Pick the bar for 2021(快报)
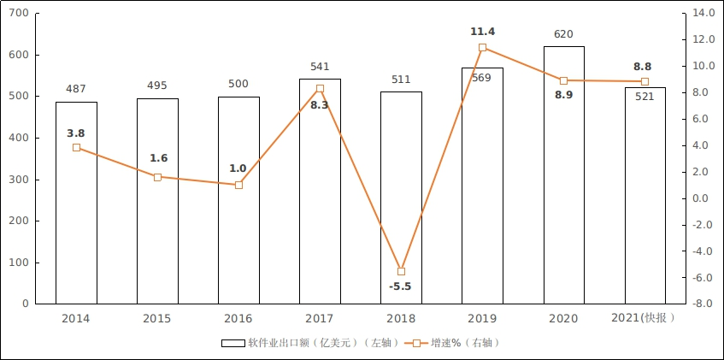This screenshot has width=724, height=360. [645, 205]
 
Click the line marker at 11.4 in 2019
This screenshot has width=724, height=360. [482, 48]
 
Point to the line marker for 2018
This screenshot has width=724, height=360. [401, 271]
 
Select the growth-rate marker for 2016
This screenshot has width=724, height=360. [238, 185]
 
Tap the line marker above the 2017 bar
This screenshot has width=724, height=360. [320, 89]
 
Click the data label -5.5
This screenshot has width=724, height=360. [400, 286]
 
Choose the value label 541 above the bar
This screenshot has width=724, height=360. [320, 67]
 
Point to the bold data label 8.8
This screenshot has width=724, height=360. [644, 65]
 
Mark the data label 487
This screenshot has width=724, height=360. [76, 89]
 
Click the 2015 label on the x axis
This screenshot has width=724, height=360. [157, 318]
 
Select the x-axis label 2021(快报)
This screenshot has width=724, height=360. [645, 318]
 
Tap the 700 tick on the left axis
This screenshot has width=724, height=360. [18, 14]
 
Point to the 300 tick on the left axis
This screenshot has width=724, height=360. [18, 180]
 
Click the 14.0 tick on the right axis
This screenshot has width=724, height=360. [703, 14]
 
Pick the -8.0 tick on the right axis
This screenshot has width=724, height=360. [703, 304]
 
